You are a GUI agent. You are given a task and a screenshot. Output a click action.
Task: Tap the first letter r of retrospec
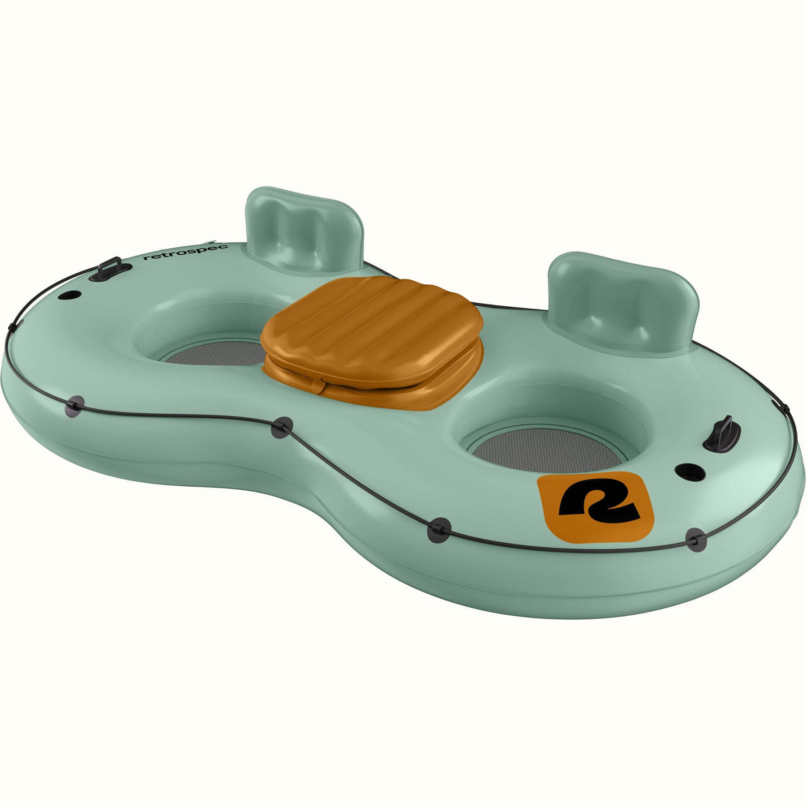pyautogui.click(x=146, y=258)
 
